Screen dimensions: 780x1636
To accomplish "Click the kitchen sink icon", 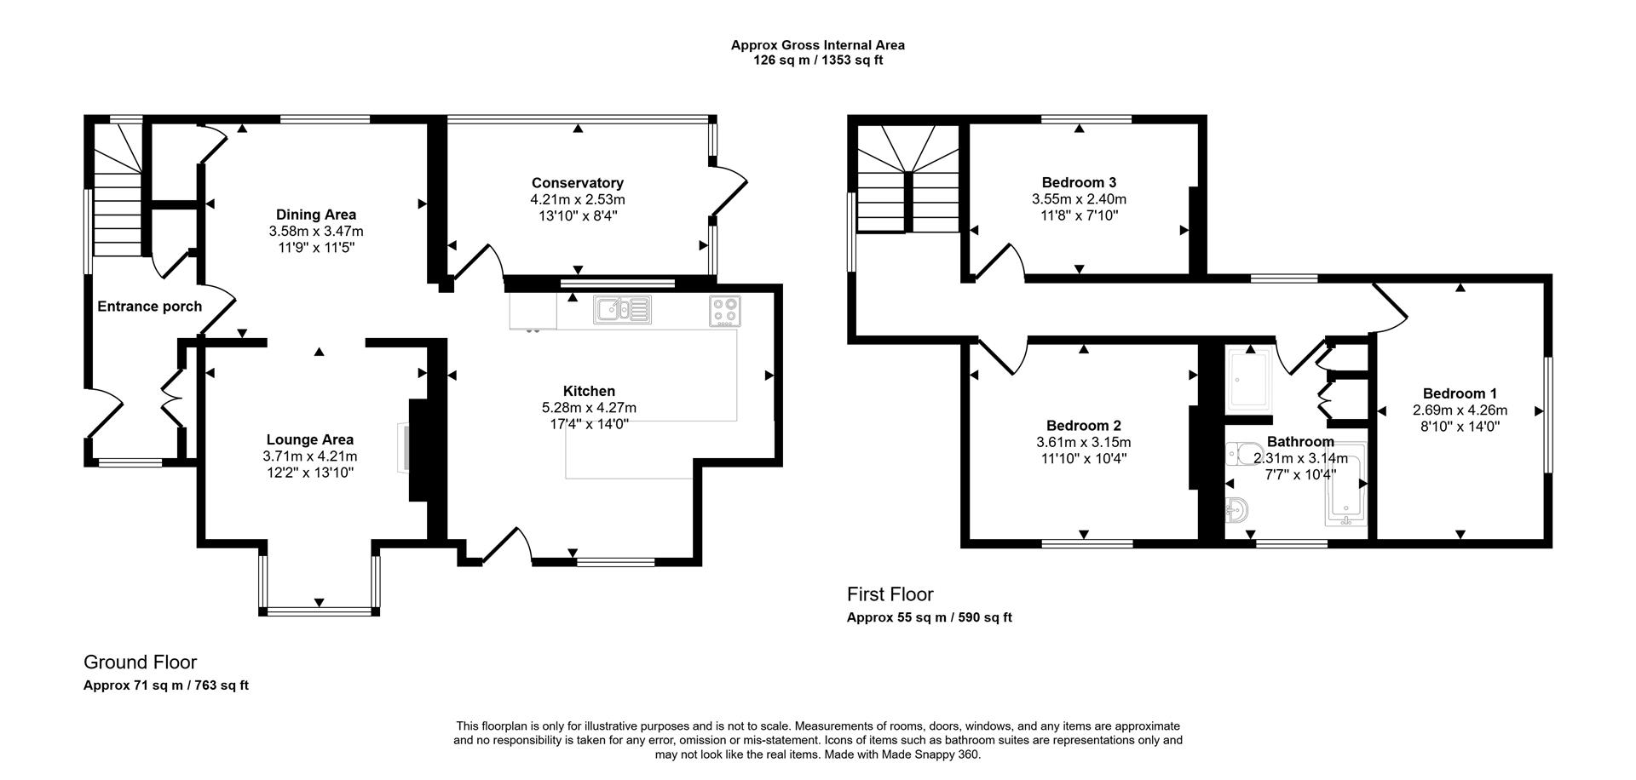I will coord(623,310).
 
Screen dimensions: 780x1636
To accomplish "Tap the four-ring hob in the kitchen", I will coord(725,311).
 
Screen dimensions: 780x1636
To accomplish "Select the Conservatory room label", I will coord(577,183).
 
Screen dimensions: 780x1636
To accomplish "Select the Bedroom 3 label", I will coord(1079,182).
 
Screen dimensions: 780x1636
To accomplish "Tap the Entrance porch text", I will coord(149,307).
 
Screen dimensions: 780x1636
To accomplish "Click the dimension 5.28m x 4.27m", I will coord(589,408).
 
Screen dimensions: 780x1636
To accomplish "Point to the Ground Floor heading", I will coord(140,662).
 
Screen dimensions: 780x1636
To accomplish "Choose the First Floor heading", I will coord(890,594).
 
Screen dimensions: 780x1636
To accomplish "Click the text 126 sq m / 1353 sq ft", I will coord(817,60).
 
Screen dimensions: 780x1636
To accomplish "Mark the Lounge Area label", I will coord(309,440).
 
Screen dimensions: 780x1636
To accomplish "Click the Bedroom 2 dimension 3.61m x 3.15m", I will coord(1083,442).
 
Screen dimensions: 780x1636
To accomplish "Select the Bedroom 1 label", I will coord(1459,393).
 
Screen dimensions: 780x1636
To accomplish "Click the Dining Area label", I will coord(315,215).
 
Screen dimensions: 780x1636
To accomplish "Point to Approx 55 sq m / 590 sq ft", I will coord(929,618).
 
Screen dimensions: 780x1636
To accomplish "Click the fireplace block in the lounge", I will coord(419,450).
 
